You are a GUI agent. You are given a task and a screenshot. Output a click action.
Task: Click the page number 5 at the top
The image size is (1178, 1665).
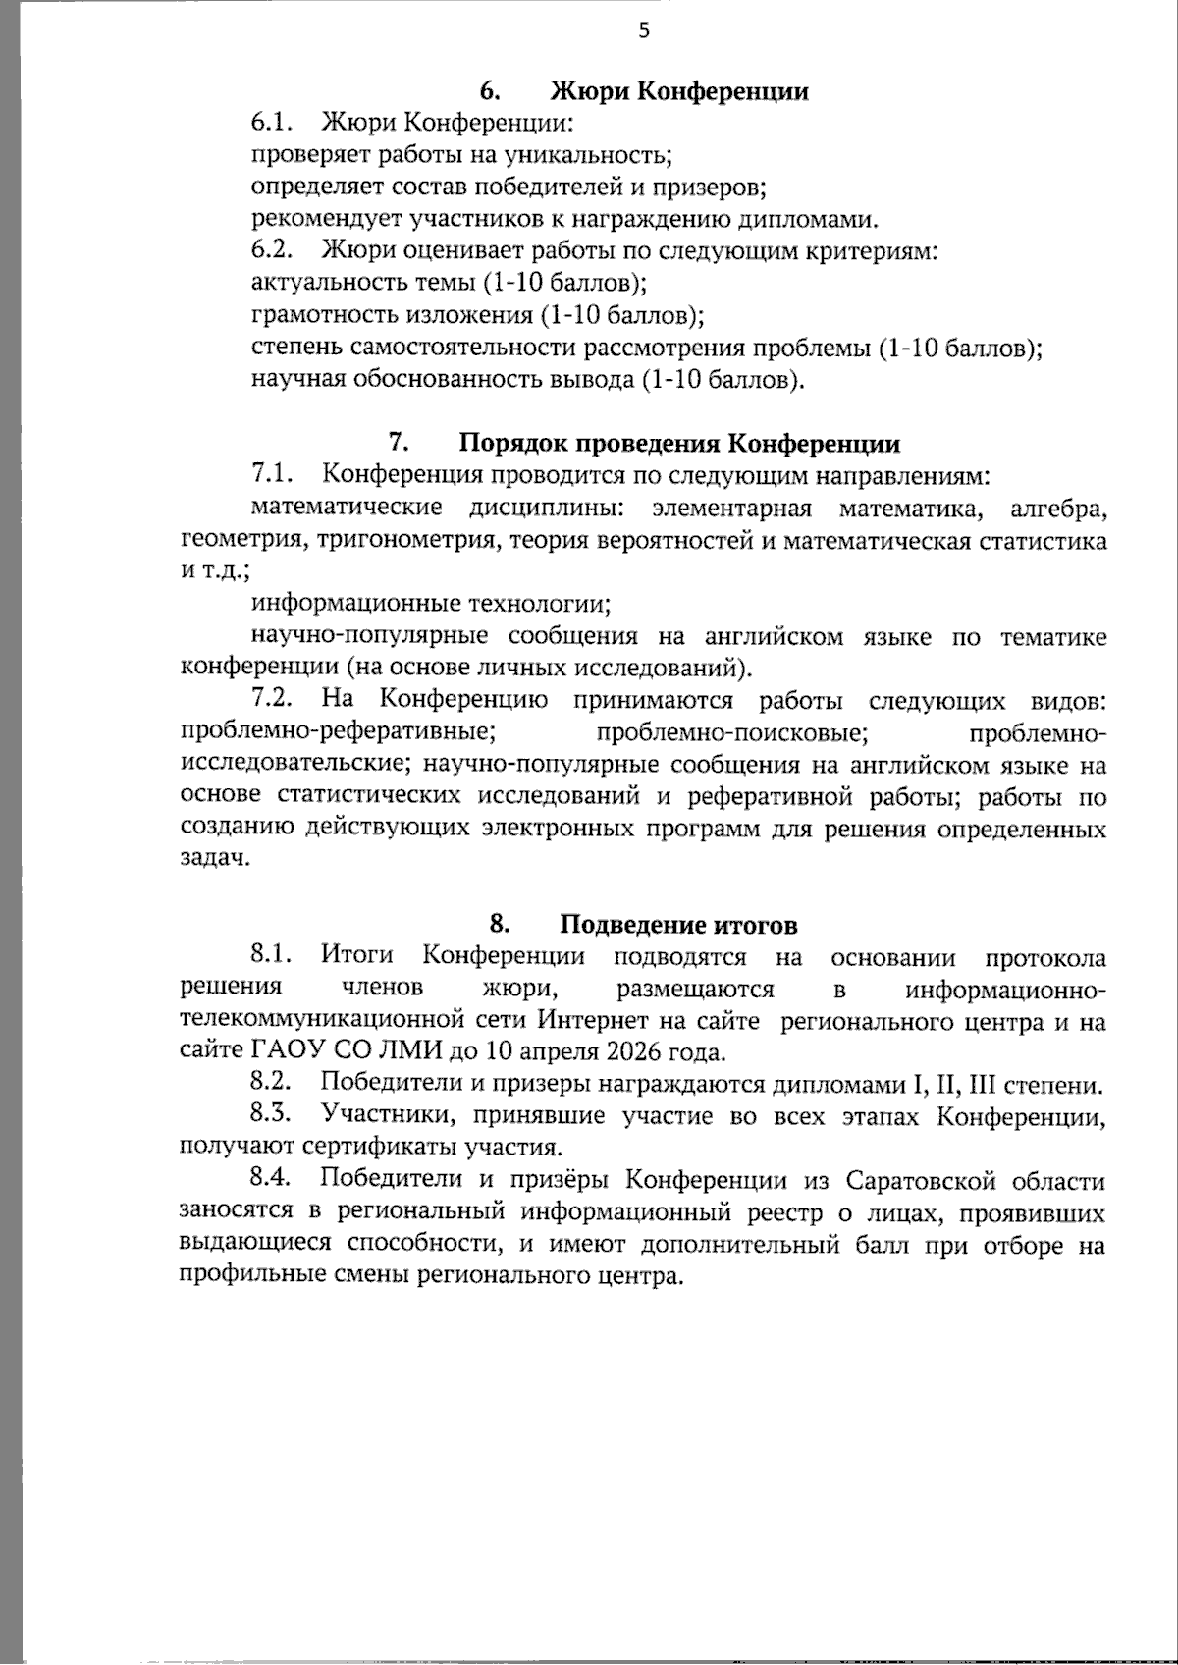tap(644, 30)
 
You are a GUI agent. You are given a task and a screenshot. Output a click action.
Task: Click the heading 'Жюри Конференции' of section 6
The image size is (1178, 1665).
tap(679, 92)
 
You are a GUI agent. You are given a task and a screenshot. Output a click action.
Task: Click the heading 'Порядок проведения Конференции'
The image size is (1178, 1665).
tap(679, 444)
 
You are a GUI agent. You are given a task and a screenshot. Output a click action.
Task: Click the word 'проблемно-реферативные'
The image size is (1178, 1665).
tap(338, 732)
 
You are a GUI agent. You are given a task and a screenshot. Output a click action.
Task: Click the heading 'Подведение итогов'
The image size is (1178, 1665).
tap(678, 925)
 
